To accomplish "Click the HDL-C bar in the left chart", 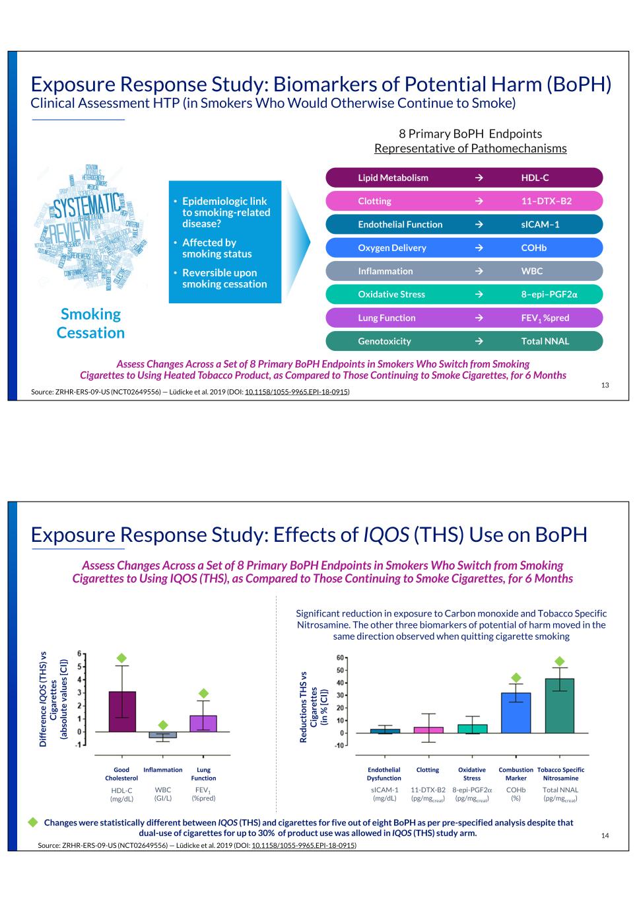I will [122, 712].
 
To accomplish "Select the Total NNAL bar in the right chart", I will [559, 706].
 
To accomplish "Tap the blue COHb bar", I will [516, 712].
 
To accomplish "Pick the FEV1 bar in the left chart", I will [203, 724].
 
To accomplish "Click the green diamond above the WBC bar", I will [163, 725].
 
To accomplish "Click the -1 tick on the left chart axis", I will [80, 745].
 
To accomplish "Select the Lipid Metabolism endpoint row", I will [464, 178].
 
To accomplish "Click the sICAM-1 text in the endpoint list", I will [540, 225].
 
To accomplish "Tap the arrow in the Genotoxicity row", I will [479, 342].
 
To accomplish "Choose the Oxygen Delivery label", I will [392, 248].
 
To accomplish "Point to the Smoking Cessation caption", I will [90, 323].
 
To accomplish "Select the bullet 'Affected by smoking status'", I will [217, 248].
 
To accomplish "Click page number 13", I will [605, 385].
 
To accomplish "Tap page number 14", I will [605, 836].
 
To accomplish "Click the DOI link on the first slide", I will [296, 392].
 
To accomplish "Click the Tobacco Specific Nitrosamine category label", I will [560, 774].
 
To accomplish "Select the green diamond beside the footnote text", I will [32, 822].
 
